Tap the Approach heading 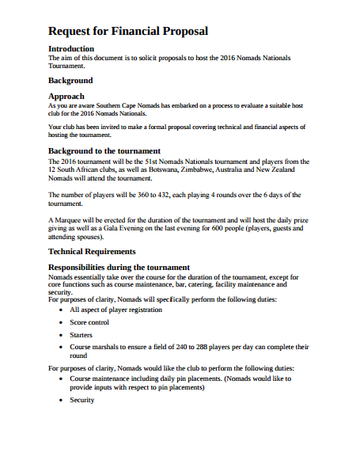pos(66,96)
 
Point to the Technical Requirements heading pos(97,251)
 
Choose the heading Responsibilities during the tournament pos(119,267)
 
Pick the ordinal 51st pos(153,160)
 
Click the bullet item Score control pos(89,322)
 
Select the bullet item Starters pos(81,335)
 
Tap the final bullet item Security pos(82,400)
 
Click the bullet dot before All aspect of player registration pos(62,310)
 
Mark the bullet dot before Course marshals pos(62,348)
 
